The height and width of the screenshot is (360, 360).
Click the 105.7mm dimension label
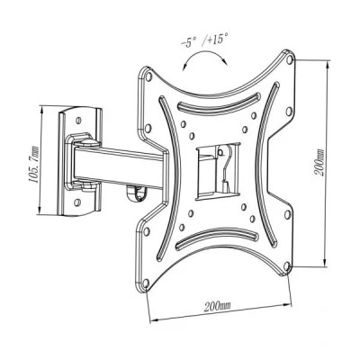[33, 165]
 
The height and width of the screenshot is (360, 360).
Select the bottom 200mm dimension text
[218, 306]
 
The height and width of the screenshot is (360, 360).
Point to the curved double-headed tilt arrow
[204, 54]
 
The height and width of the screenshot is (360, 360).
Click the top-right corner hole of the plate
[290, 59]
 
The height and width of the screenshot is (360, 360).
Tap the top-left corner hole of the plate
[148, 76]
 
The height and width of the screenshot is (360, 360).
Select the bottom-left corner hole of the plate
[146, 283]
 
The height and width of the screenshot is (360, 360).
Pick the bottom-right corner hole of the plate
[286, 265]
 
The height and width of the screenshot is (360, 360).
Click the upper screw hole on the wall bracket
[78, 121]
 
